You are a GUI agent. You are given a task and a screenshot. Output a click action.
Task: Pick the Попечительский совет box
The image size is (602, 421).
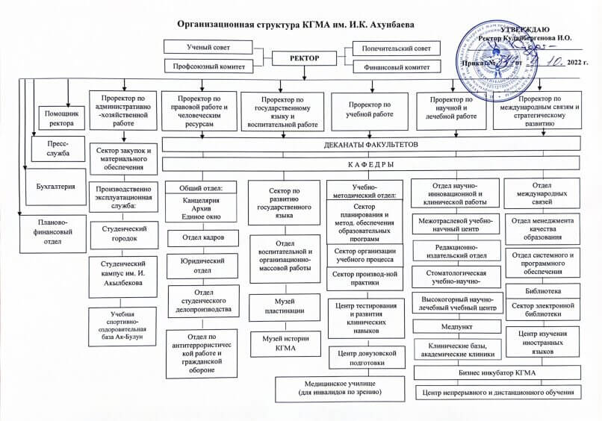click(x=390, y=47)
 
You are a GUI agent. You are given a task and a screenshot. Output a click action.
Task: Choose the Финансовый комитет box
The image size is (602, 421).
click(x=390, y=66)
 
